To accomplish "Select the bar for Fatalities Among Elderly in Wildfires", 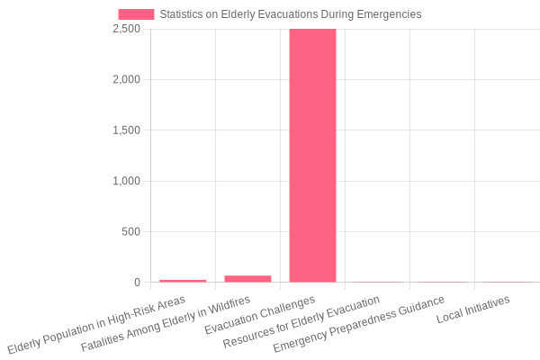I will tap(247, 279).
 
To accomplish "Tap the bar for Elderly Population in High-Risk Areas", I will tap(183, 281).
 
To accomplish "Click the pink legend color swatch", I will tap(136, 14).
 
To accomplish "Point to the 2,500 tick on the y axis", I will tap(126, 29).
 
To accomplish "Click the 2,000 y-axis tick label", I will tap(126, 79).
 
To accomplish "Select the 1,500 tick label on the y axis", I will tap(126, 130).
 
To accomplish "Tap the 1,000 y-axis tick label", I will tap(126, 181).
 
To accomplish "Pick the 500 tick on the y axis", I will tap(131, 231).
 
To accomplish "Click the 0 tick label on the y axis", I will tap(137, 283).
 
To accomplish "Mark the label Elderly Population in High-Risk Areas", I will tap(96, 324).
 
